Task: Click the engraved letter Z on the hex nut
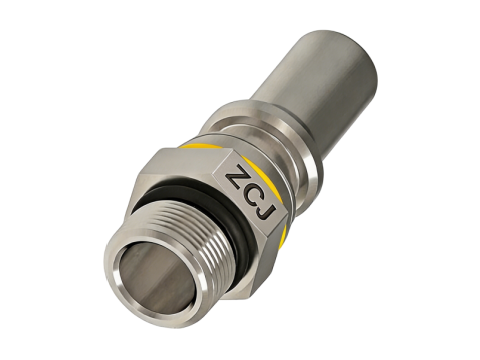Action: click(x=236, y=173)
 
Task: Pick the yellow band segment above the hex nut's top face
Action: click(x=197, y=146)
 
